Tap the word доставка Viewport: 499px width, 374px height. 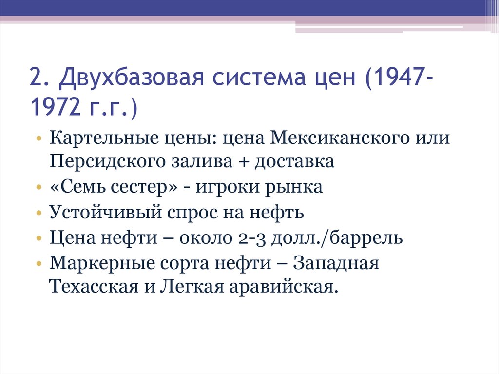294,161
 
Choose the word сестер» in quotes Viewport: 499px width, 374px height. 137,187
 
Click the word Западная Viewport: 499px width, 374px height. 336,263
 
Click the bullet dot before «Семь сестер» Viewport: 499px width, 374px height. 38,188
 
